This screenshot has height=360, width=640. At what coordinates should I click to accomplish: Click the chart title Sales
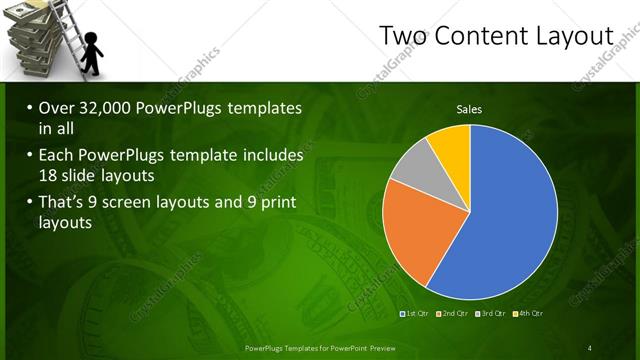470,109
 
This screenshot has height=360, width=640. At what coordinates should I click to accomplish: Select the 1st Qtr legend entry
416,314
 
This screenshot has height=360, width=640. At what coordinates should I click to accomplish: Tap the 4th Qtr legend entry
528,314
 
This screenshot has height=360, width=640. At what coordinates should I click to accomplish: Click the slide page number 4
589,348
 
